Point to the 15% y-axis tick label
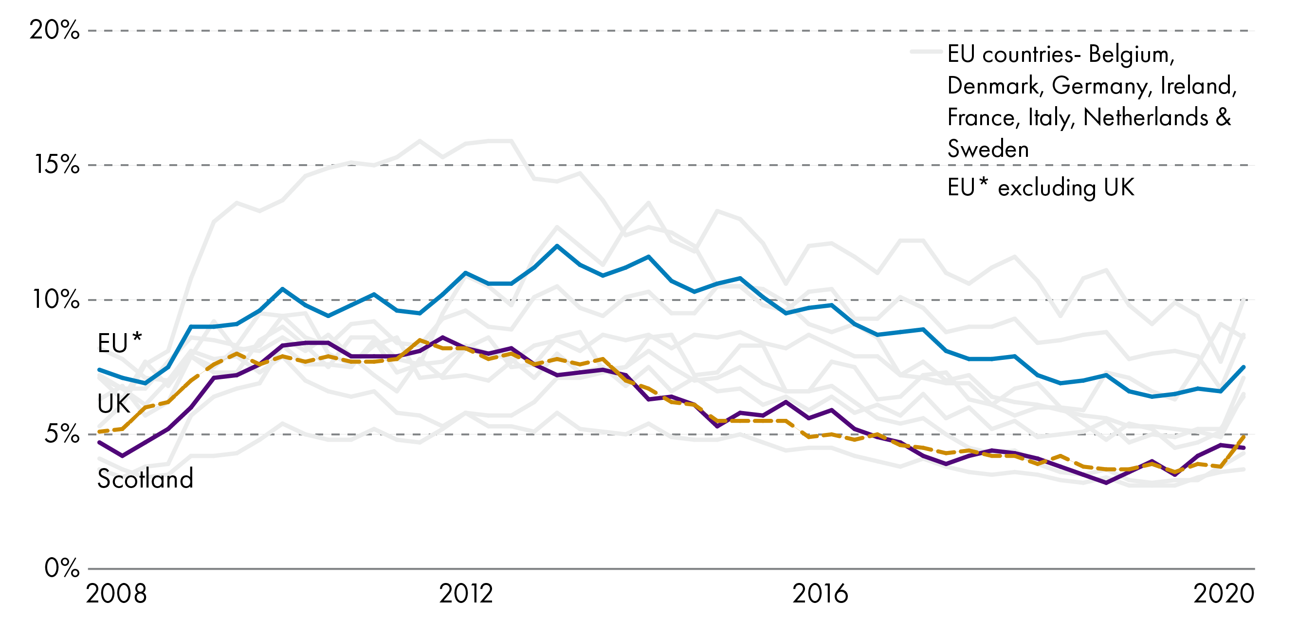56,165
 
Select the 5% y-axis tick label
61,434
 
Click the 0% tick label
61,568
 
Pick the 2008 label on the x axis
116,594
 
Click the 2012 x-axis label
466,594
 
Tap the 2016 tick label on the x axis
821,594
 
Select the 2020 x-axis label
1224,594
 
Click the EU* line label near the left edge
119,344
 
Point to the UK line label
113,404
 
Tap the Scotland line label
145,478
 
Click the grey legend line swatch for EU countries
926,52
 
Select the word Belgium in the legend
1131,55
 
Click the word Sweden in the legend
987,149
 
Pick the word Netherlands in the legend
1145,117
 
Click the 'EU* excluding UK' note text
1041,188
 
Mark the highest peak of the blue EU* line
557,246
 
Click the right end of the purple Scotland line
1244,448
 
